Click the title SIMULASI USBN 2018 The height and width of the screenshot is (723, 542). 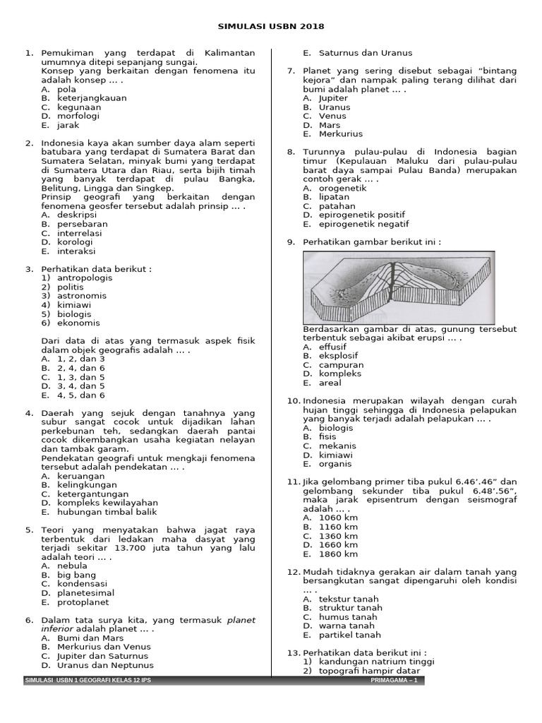click(x=271, y=27)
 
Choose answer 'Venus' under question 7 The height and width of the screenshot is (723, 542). click(x=332, y=116)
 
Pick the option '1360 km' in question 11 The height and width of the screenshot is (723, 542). click(x=339, y=536)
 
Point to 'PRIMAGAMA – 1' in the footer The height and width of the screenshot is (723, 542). click(x=395, y=681)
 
